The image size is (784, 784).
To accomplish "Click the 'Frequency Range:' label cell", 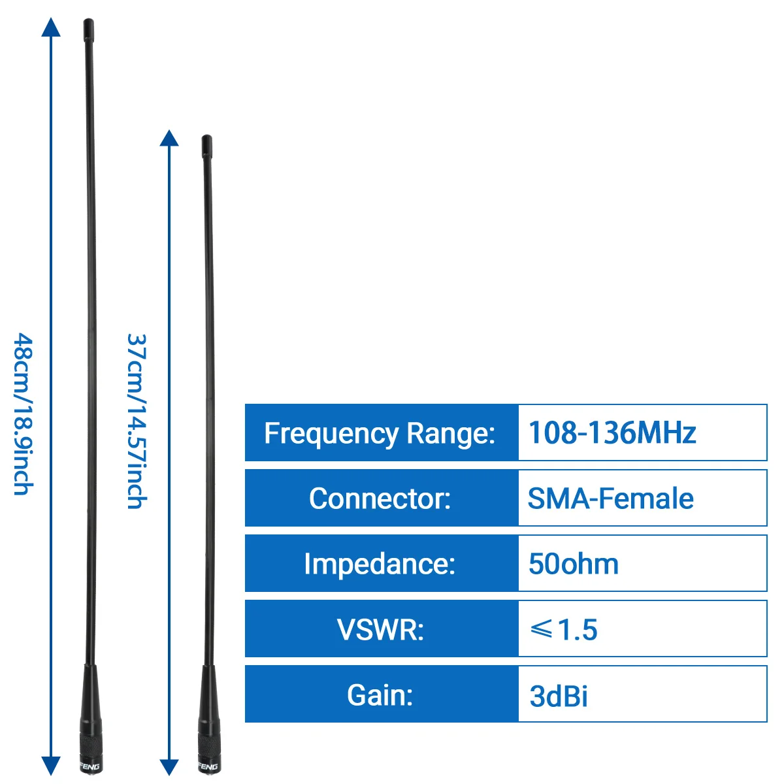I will click(x=381, y=433).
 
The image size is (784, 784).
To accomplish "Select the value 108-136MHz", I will click(x=612, y=433).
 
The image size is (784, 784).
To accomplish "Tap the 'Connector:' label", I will click(x=381, y=498).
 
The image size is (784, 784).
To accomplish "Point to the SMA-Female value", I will click(x=610, y=498).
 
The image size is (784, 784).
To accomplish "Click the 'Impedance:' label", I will click(x=381, y=564).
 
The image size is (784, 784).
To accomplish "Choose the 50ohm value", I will click(x=573, y=564).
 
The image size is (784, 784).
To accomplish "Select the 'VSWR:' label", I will click(x=381, y=629).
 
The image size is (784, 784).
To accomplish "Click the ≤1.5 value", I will click(x=563, y=629).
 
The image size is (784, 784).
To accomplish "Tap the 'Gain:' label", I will click(x=381, y=694).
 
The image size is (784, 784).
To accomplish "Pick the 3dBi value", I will click(x=559, y=696).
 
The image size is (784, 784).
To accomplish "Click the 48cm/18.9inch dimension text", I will click(x=24, y=414).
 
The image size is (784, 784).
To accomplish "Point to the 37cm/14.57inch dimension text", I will click(x=136, y=421).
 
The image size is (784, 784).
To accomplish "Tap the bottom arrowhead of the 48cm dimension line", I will click(x=51, y=766).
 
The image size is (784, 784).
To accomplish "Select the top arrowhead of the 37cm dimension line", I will click(x=169, y=138).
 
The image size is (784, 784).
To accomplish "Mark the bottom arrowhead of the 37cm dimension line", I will click(x=169, y=767).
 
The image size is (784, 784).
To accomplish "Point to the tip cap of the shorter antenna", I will click(x=207, y=143).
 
